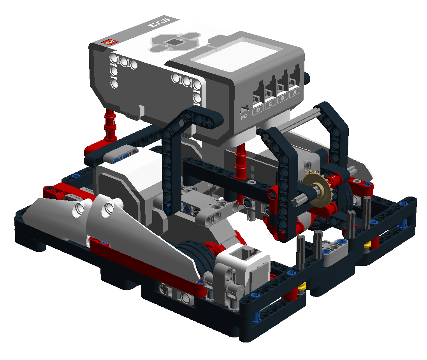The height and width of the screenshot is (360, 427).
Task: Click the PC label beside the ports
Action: (x=244, y=116)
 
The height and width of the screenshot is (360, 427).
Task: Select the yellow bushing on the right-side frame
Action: (x=367, y=245)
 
